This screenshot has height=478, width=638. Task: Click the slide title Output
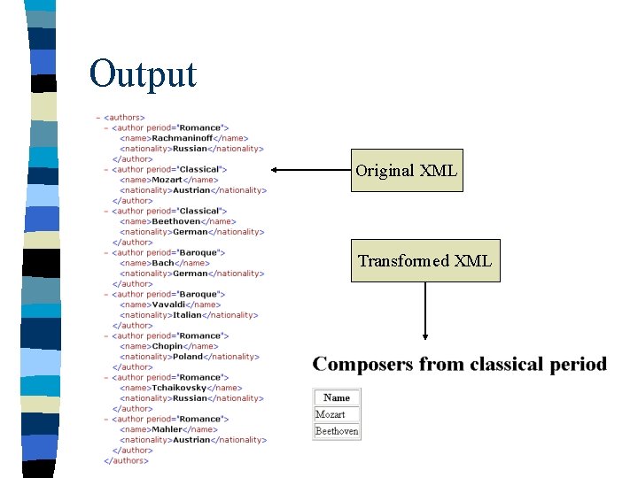pyautogui.click(x=143, y=73)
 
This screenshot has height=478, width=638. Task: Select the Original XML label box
pyautogui.click(x=407, y=170)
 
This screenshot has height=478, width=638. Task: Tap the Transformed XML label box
pyautogui.click(x=424, y=260)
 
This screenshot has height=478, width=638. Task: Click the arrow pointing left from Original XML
pyautogui.click(x=309, y=170)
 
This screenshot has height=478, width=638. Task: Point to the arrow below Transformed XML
pyautogui.click(x=425, y=311)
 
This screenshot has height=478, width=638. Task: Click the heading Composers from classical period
pyautogui.click(x=460, y=364)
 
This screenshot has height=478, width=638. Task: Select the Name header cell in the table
pyautogui.click(x=337, y=397)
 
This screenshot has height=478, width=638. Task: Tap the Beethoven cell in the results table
pyautogui.click(x=337, y=431)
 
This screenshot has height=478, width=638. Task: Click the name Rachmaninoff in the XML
pyautogui.click(x=184, y=138)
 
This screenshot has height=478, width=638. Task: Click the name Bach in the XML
pyautogui.click(x=163, y=263)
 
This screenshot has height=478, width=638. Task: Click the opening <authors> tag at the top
pyautogui.click(x=125, y=117)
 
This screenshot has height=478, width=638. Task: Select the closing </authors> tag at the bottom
pyautogui.click(x=127, y=460)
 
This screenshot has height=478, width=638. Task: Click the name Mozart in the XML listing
pyautogui.click(x=168, y=180)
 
